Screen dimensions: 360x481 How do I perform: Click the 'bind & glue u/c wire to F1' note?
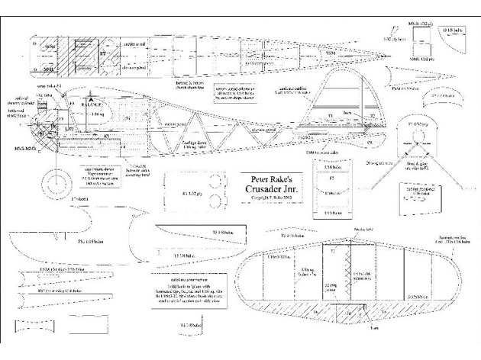click(436, 166)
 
